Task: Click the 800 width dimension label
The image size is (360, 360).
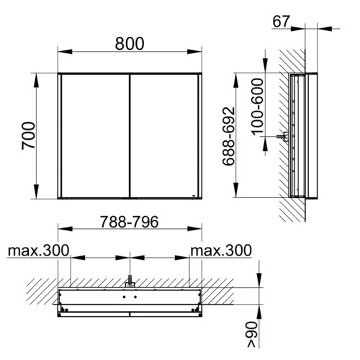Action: [130, 44]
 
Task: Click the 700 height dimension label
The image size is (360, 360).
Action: [28, 135]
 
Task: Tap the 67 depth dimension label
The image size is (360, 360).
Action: [281, 22]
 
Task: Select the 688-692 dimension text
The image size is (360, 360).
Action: [228, 136]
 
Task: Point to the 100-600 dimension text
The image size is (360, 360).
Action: [258, 107]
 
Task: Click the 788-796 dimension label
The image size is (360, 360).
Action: [130, 222]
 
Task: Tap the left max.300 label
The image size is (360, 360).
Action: [38, 251]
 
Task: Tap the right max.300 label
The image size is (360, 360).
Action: [221, 251]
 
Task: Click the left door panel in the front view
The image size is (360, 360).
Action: [95, 136]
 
